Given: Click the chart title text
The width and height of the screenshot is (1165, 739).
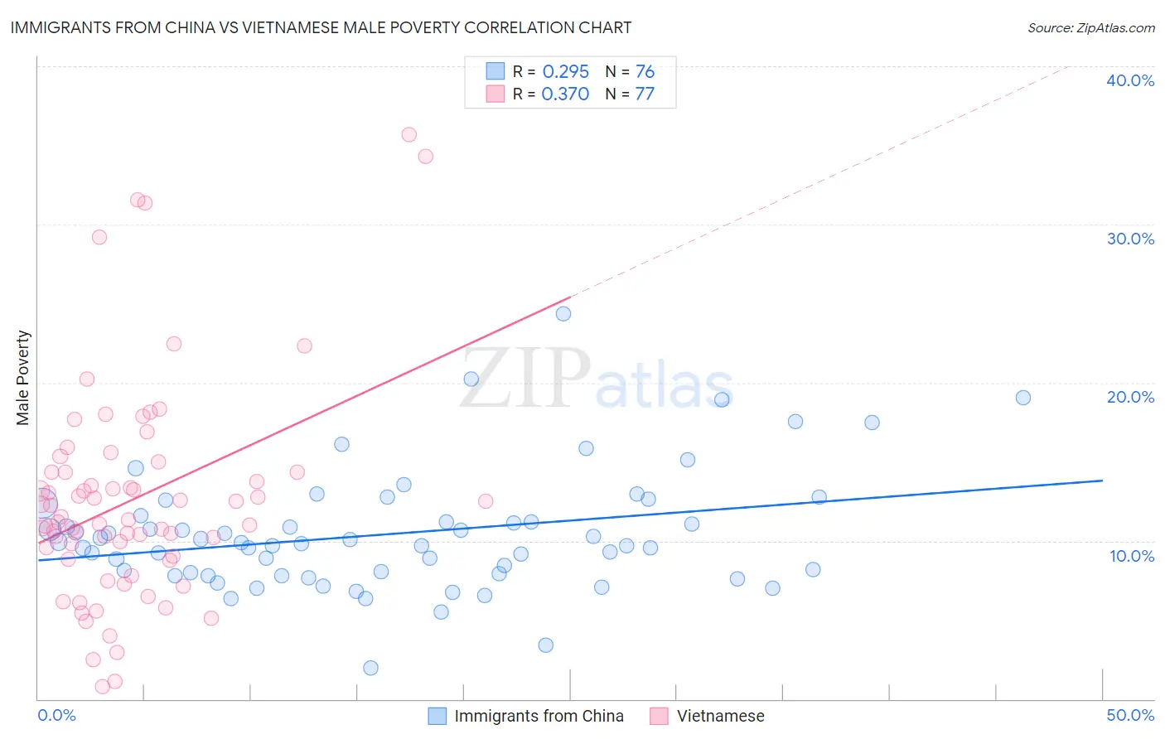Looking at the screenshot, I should click(x=321, y=27).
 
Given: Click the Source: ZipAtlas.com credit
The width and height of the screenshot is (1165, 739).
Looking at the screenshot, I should click(x=1090, y=27).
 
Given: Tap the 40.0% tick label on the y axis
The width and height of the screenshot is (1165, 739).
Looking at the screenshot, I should click(x=1130, y=80).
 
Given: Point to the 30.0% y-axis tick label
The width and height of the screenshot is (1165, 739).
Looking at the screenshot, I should click(x=1130, y=239).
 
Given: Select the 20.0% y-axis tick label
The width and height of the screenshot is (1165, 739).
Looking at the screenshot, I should click(x=1130, y=397).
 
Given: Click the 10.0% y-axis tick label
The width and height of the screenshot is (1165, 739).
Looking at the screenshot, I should click(x=1132, y=556).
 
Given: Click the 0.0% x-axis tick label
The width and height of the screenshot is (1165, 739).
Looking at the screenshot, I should click(x=56, y=715).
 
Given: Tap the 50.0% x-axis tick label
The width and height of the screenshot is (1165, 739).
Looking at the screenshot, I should click(x=1130, y=715).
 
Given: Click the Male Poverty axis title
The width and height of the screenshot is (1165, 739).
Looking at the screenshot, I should click(x=23, y=378).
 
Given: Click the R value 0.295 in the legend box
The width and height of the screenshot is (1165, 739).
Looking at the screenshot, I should click(x=565, y=72).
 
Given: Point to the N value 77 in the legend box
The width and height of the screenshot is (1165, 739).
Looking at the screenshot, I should click(x=645, y=94).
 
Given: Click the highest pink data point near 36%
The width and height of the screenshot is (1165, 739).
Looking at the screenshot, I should click(x=408, y=134).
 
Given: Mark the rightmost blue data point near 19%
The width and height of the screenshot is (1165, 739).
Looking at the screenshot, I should click(x=1023, y=398).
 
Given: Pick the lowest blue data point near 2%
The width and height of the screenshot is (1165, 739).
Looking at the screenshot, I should click(x=370, y=668).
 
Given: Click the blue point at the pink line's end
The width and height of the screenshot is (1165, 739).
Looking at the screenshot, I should click(x=563, y=314).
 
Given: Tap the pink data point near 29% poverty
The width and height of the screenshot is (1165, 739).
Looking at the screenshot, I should click(x=99, y=237).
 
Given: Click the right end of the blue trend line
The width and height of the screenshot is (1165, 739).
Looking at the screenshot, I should click(x=1102, y=481).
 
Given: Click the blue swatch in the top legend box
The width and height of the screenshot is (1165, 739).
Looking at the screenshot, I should click(x=495, y=71).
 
